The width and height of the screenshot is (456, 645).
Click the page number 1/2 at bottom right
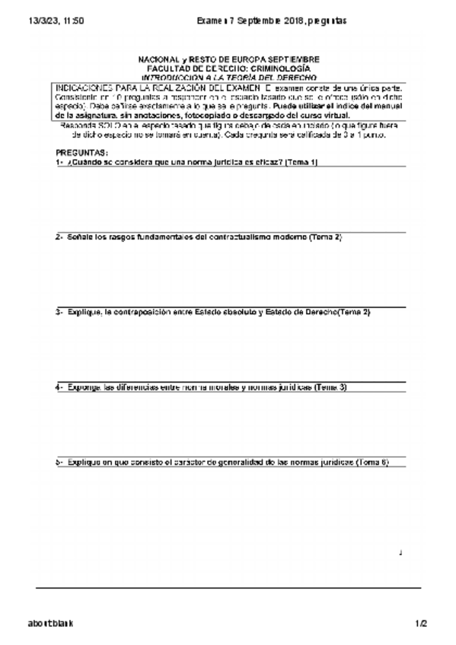point(422,623)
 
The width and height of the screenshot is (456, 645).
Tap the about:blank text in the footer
point(51,623)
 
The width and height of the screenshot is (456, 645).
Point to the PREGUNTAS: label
point(82,152)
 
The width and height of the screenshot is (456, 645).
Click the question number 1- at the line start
point(59,162)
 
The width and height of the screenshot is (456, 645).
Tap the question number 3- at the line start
point(59,312)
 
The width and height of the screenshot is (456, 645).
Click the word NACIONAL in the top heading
point(158,59)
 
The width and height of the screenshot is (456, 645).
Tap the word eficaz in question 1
point(266,162)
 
